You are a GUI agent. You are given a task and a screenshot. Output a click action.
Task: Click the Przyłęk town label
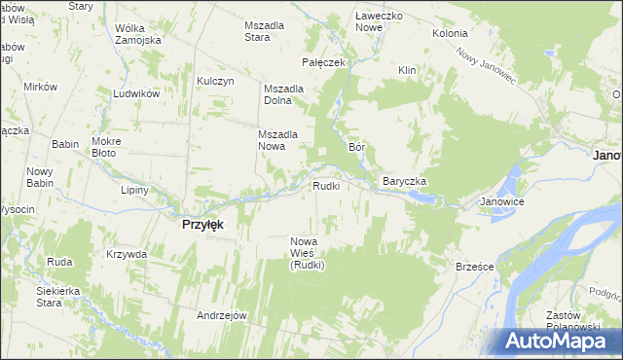[203, 224]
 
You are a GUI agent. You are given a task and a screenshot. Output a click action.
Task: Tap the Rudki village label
[325, 185]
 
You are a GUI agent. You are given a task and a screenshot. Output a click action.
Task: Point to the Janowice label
[502, 202]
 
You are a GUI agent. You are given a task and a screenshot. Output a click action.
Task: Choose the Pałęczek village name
[325, 62]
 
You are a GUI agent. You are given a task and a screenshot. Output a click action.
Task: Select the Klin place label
[407, 70]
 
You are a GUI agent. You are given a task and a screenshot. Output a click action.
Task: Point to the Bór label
[356, 147]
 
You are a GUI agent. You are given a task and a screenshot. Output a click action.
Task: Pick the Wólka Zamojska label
[136, 34]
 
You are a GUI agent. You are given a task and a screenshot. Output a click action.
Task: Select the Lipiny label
[134, 190]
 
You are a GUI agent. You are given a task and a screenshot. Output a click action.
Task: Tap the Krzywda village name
[127, 254]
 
